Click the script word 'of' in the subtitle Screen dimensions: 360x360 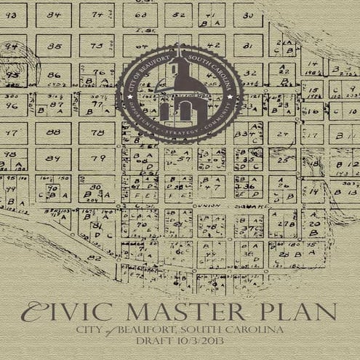pos(114,331)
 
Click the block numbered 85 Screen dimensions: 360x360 pos(55,46)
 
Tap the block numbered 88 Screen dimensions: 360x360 pos(54,132)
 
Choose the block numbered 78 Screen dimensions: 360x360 pos(95,132)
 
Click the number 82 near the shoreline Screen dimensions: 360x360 pos(93,258)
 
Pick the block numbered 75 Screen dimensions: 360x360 pos(95,46)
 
